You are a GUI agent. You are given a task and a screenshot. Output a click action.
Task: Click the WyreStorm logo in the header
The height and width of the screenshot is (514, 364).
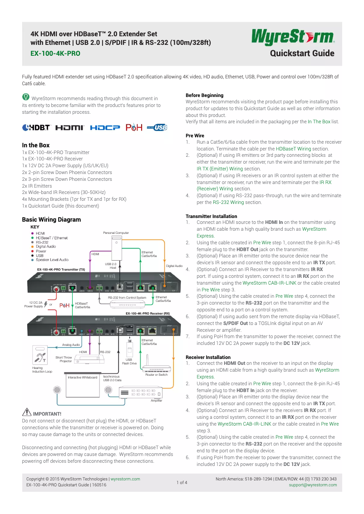click(293, 37)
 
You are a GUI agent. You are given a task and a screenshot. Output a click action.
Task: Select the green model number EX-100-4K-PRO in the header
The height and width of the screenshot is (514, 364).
click(55, 53)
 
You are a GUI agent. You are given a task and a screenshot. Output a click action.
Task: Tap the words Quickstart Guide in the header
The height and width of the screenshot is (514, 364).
click(302, 53)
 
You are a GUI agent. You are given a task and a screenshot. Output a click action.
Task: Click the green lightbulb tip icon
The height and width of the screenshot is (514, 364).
click(26, 97)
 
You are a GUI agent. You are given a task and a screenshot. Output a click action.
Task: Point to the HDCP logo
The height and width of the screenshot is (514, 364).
click(105, 128)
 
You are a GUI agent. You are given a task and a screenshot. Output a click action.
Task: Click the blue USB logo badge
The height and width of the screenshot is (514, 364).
click(157, 128)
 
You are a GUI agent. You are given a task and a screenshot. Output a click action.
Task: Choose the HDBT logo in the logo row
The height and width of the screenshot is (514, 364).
click(37, 128)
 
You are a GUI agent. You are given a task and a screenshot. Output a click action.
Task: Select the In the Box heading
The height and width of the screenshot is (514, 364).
click(36, 145)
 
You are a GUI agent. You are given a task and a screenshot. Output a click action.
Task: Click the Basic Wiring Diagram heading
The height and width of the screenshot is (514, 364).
click(51, 220)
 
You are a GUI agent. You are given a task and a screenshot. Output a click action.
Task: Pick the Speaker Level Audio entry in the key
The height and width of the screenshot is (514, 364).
click(52, 260)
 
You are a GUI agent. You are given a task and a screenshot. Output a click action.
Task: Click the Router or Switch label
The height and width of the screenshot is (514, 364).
click(156, 375)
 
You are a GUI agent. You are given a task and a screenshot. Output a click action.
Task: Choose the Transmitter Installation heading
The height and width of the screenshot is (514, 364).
click(211, 216)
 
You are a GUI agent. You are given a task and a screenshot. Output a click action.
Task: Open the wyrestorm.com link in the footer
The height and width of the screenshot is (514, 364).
click(125, 479)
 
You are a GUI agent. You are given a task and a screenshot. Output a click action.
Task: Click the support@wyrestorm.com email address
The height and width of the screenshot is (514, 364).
click(313, 485)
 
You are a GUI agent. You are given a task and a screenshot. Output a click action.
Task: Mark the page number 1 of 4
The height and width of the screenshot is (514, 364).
click(182, 482)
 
